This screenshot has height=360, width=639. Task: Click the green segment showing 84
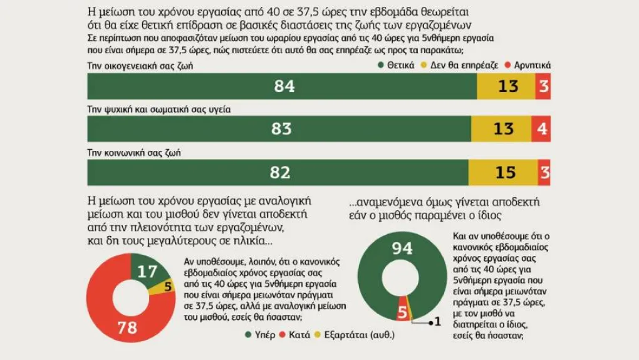pyautogui.click(x=282, y=86)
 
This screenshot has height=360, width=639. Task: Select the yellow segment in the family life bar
pyautogui.click(x=506, y=86)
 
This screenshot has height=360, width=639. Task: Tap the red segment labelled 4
pyautogui.click(x=543, y=129)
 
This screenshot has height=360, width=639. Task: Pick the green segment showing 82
pyautogui.click(x=278, y=173)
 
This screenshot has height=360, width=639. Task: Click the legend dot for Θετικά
pyautogui.click(x=382, y=64)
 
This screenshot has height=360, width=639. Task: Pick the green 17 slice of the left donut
pyautogui.click(x=147, y=272)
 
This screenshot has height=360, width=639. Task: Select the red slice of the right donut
pyautogui.click(x=403, y=311)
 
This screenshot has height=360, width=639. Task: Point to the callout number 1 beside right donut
pyautogui.click(x=439, y=322)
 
